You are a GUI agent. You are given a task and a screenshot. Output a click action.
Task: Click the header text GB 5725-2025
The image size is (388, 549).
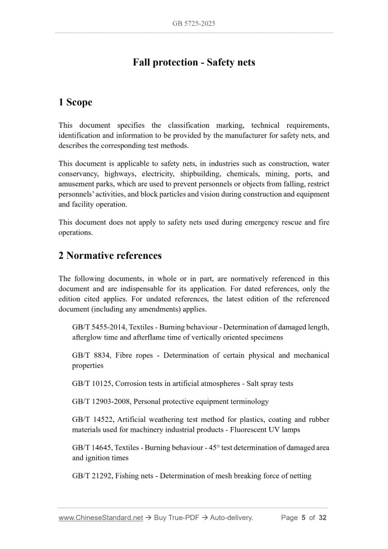[194, 24]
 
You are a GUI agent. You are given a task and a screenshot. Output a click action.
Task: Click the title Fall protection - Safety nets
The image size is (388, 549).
[194, 62]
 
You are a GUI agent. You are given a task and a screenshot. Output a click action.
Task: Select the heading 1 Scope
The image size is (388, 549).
[75, 102]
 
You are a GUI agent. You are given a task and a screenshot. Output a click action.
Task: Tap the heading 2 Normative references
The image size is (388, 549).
[110, 255]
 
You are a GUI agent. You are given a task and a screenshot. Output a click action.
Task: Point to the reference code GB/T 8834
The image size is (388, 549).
[88, 355]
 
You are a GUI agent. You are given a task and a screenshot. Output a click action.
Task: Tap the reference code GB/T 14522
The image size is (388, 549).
[91, 420]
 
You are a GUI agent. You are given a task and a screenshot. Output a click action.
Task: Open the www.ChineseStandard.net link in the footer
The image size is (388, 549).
[100, 518]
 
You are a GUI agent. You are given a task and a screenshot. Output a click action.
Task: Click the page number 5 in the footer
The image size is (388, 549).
[303, 518]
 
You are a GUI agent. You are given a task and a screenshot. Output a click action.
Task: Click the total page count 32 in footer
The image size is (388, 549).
[322, 518]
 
